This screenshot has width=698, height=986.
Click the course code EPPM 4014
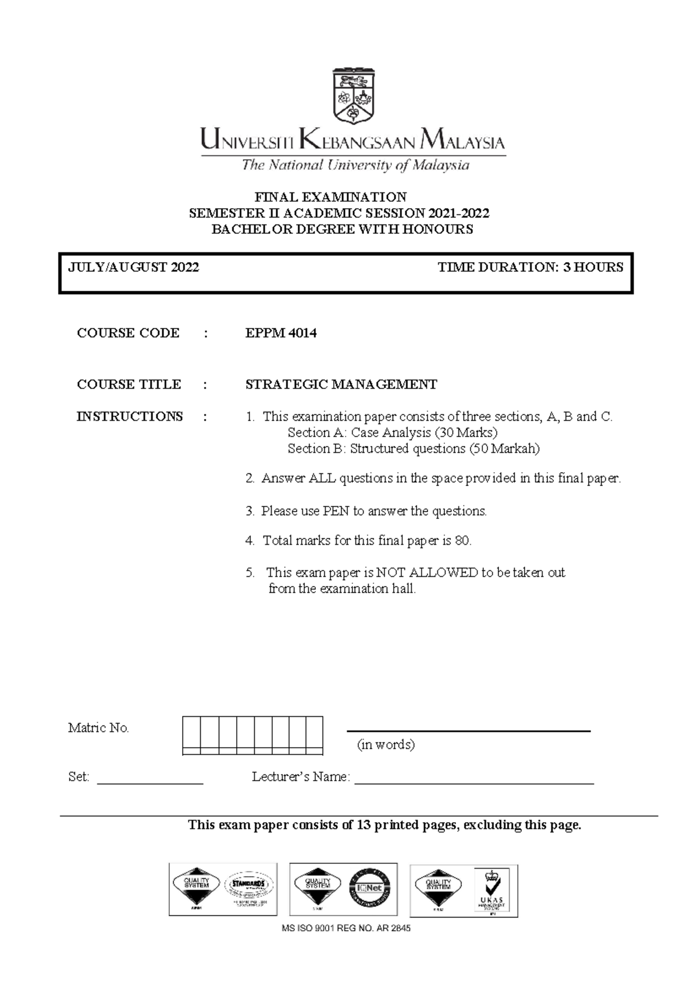point(281,333)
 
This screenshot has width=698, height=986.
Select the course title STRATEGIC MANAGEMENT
point(341,384)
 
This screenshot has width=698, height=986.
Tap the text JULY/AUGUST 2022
point(134,267)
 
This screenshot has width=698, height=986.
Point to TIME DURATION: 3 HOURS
point(530,267)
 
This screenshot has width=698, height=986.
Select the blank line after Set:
point(150,783)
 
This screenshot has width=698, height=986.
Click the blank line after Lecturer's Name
point(474,783)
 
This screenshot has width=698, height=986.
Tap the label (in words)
point(386,745)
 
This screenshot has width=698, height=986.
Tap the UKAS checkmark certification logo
point(492,890)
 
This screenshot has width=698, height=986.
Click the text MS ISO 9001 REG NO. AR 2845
point(346,928)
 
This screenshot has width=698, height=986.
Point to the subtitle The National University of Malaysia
point(355,166)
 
